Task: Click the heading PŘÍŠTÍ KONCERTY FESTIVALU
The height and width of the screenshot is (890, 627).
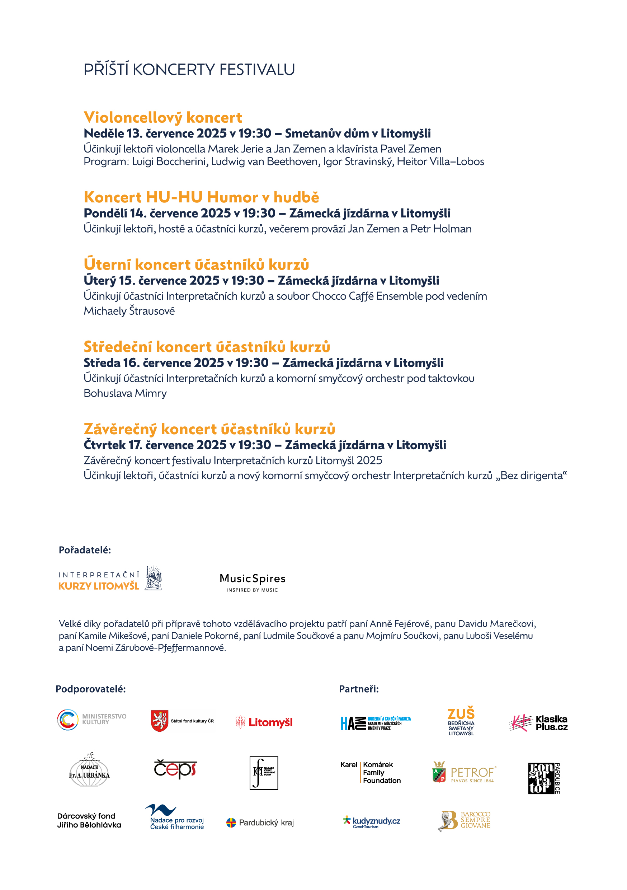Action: pyautogui.click(x=189, y=70)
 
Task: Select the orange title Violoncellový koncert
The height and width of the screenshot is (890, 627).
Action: pyautogui.click(x=163, y=117)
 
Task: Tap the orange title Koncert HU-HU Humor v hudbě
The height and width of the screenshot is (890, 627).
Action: pyautogui.click(x=201, y=197)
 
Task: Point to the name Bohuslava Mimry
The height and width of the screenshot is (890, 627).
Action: pyautogui.click(x=125, y=393)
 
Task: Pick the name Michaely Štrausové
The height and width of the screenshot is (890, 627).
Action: pyautogui.click(x=129, y=311)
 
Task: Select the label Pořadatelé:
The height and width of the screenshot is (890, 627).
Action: pyautogui.click(x=85, y=550)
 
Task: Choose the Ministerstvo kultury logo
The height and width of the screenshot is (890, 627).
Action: pyautogui.click(x=92, y=720)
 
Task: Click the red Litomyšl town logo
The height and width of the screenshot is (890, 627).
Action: pyautogui.click(x=264, y=722)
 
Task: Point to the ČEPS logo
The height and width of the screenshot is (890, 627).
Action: pyautogui.click(x=175, y=769)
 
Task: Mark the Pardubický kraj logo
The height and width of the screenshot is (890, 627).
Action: pyautogui.click(x=260, y=823)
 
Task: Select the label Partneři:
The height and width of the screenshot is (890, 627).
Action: pyautogui.click(x=359, y=689)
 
